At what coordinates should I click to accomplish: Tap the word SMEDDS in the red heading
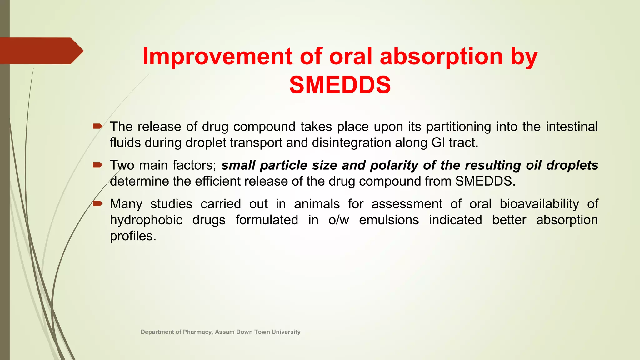click(x=340, y=85)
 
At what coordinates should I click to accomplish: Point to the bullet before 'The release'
click(x=97, y=126)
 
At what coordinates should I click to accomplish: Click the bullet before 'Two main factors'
click(x=97, y=165)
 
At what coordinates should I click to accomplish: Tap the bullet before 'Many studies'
click(x=97, y=203)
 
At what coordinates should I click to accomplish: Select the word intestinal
click(x=572, y=127)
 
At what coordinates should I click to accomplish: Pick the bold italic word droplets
click(x=572, y=165)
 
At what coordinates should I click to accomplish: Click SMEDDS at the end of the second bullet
click(x=483, y=181)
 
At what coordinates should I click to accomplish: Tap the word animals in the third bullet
click(x=317, y=204)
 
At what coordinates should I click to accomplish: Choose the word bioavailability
click(x=539, y=204)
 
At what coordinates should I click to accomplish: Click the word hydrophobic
click(x=146, y=220)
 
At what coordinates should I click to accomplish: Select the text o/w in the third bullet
click(x=338, y=220)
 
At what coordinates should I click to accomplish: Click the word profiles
click(x=132, y=236)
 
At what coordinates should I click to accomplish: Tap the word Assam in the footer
click(x=225, y=332)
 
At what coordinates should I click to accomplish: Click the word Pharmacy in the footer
click(x=197, y=332)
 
